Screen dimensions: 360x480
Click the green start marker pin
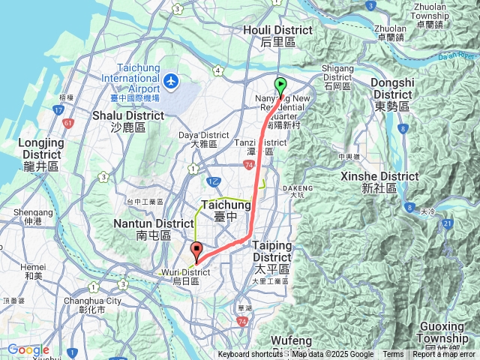pyautogui.click(x=280, y=86)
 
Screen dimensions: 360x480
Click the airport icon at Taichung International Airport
pyautogui.click(x=171, y=79)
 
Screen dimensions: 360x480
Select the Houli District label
pyautogui.click(x=277, y=35)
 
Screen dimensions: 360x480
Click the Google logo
pyautogui.click(x=28, y=349)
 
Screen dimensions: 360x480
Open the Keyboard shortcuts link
pyautogui.click(x=250, y=355)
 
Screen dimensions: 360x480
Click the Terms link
pyautogui.click(x=393, y=355)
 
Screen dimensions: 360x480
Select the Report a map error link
pyautogui.click(x=444, y=355)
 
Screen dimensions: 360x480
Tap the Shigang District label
pyautogui.click(x=337, y=73)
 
